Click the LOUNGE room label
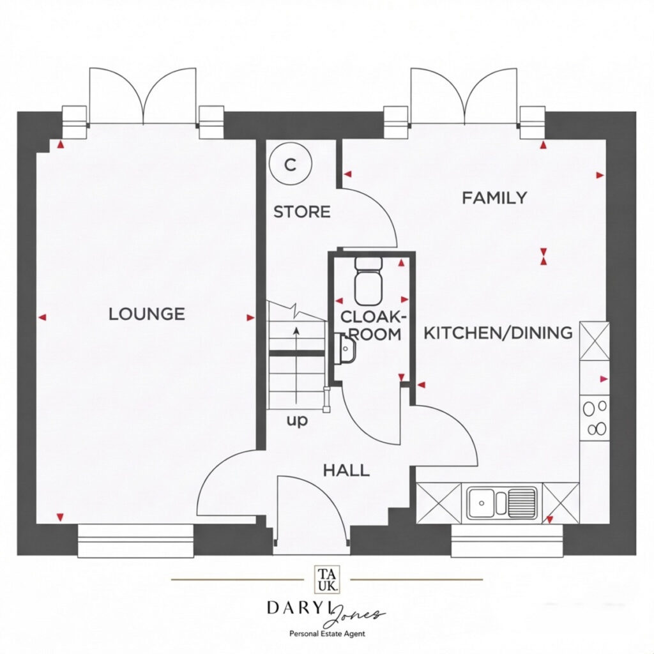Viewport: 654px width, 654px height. (146, 314)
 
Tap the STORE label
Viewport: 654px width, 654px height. (301, 212)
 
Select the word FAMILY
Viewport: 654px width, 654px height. (494, 197)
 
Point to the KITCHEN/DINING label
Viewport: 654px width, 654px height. (498, 333)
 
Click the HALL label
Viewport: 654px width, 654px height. (346, 471)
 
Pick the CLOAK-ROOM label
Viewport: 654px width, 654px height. (372, 325)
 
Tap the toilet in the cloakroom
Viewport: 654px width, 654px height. (369, 281)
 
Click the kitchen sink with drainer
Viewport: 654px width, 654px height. (502, 503)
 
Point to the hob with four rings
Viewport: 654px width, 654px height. (595, 418)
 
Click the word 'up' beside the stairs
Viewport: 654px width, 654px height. (296, 421)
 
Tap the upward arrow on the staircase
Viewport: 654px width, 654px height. (296, 365)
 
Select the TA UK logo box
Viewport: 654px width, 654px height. (327, 579)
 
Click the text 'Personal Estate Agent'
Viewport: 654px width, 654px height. (327, 634)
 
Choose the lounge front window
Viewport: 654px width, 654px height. (136, 540)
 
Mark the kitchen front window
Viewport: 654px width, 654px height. (507, 540)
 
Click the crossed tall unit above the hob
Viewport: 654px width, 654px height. (595, 341)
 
